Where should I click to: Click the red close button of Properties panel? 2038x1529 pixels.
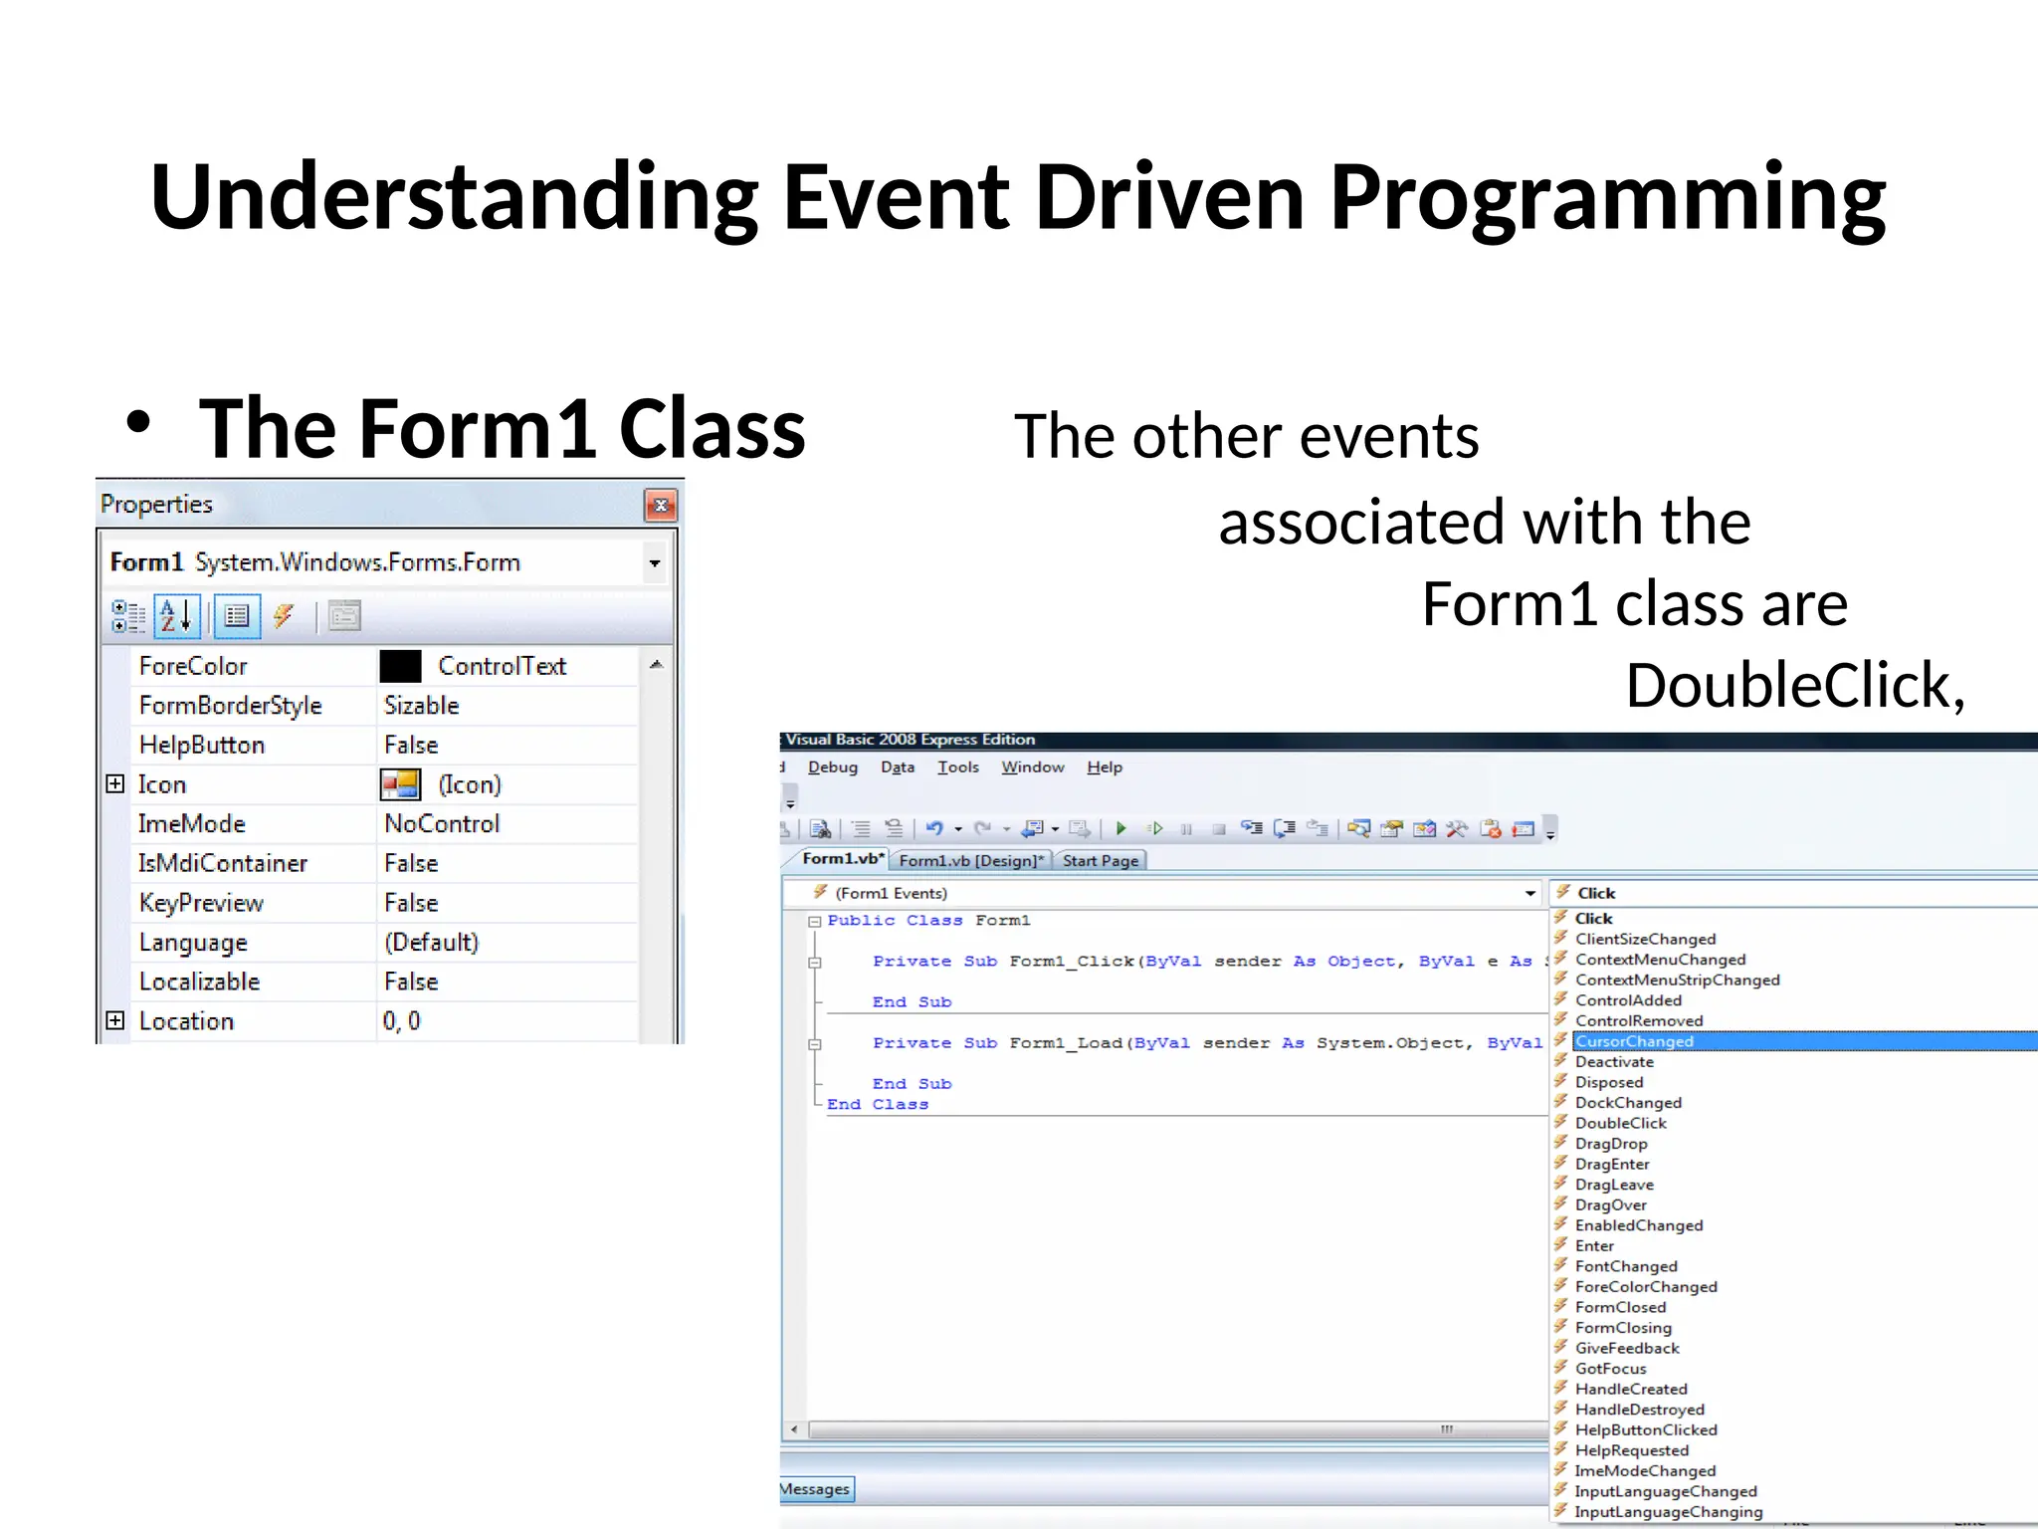pos(661,506)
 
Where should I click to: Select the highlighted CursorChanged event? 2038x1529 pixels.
pos(1634,1041)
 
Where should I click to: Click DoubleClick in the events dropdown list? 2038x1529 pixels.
pos(1620,1123)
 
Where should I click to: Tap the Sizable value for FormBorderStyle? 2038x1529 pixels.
pos(422,706)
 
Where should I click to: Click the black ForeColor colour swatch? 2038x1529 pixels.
pos(400,666)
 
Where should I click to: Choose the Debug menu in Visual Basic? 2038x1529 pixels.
pos(832,767)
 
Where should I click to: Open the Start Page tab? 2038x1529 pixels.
pos(1100,861)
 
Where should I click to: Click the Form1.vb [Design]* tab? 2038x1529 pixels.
pos(971,861)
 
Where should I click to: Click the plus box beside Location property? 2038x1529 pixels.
pos(115,1020)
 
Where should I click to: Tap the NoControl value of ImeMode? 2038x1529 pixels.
pos(442,824)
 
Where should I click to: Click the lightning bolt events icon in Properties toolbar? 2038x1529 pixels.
pos(284,616)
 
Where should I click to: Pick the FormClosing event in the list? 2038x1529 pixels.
pos(1623,1328)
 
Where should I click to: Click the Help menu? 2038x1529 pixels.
pos(1104,767)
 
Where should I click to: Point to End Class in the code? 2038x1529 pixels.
pos(877,1104)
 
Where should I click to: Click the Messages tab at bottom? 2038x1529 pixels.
pos(815,1489)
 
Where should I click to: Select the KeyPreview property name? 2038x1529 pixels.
pos(201,903)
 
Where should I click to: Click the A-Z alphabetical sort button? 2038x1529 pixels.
pos(177,616)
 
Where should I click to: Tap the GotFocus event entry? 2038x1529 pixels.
pos(1610,1369)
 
